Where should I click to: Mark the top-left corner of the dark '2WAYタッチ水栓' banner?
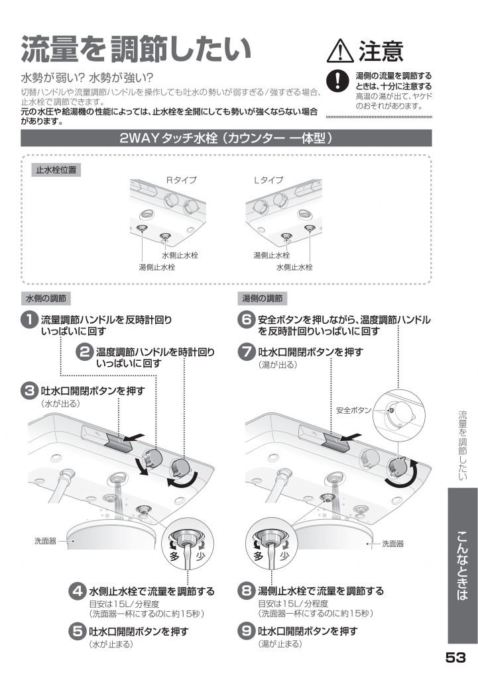(21, 130)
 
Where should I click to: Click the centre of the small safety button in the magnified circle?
(391, 409)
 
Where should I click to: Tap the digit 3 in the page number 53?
(461, 658)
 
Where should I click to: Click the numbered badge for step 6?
(247, 320)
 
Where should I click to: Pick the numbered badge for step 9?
(247, 631)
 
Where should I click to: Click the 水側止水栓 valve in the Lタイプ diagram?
(309, 228)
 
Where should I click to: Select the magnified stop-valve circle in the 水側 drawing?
(188, 545)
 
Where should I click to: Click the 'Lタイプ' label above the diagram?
(269, 180)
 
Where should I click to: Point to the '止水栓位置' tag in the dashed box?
(56, 170)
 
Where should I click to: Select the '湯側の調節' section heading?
(262, 299)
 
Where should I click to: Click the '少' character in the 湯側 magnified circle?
(284, 555)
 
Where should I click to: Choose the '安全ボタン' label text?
(354, 411)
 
